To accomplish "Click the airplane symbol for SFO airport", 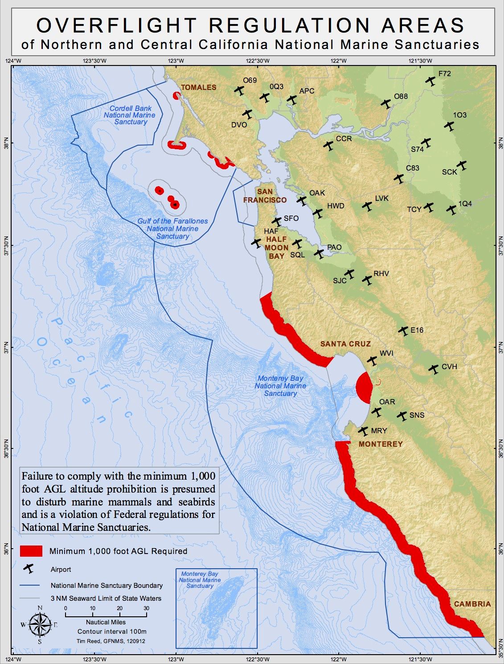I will (277, 221).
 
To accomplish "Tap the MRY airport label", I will (379, 431).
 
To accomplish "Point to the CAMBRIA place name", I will (472, 604).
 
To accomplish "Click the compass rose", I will (40, 624).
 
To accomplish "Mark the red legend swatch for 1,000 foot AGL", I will (31, 551).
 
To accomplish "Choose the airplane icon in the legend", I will (29, 569).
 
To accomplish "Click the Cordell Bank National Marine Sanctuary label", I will (130, 115).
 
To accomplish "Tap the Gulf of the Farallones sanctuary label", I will (172, 228).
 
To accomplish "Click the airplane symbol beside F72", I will (430, 81).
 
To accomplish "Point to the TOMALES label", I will (198, 87).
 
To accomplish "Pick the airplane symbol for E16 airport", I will (403, 330).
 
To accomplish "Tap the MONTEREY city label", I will (381, 444).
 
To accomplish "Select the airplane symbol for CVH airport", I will (434, 369).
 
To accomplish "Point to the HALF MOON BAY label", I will (276, 248).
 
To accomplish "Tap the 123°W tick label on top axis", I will (176, 61).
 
